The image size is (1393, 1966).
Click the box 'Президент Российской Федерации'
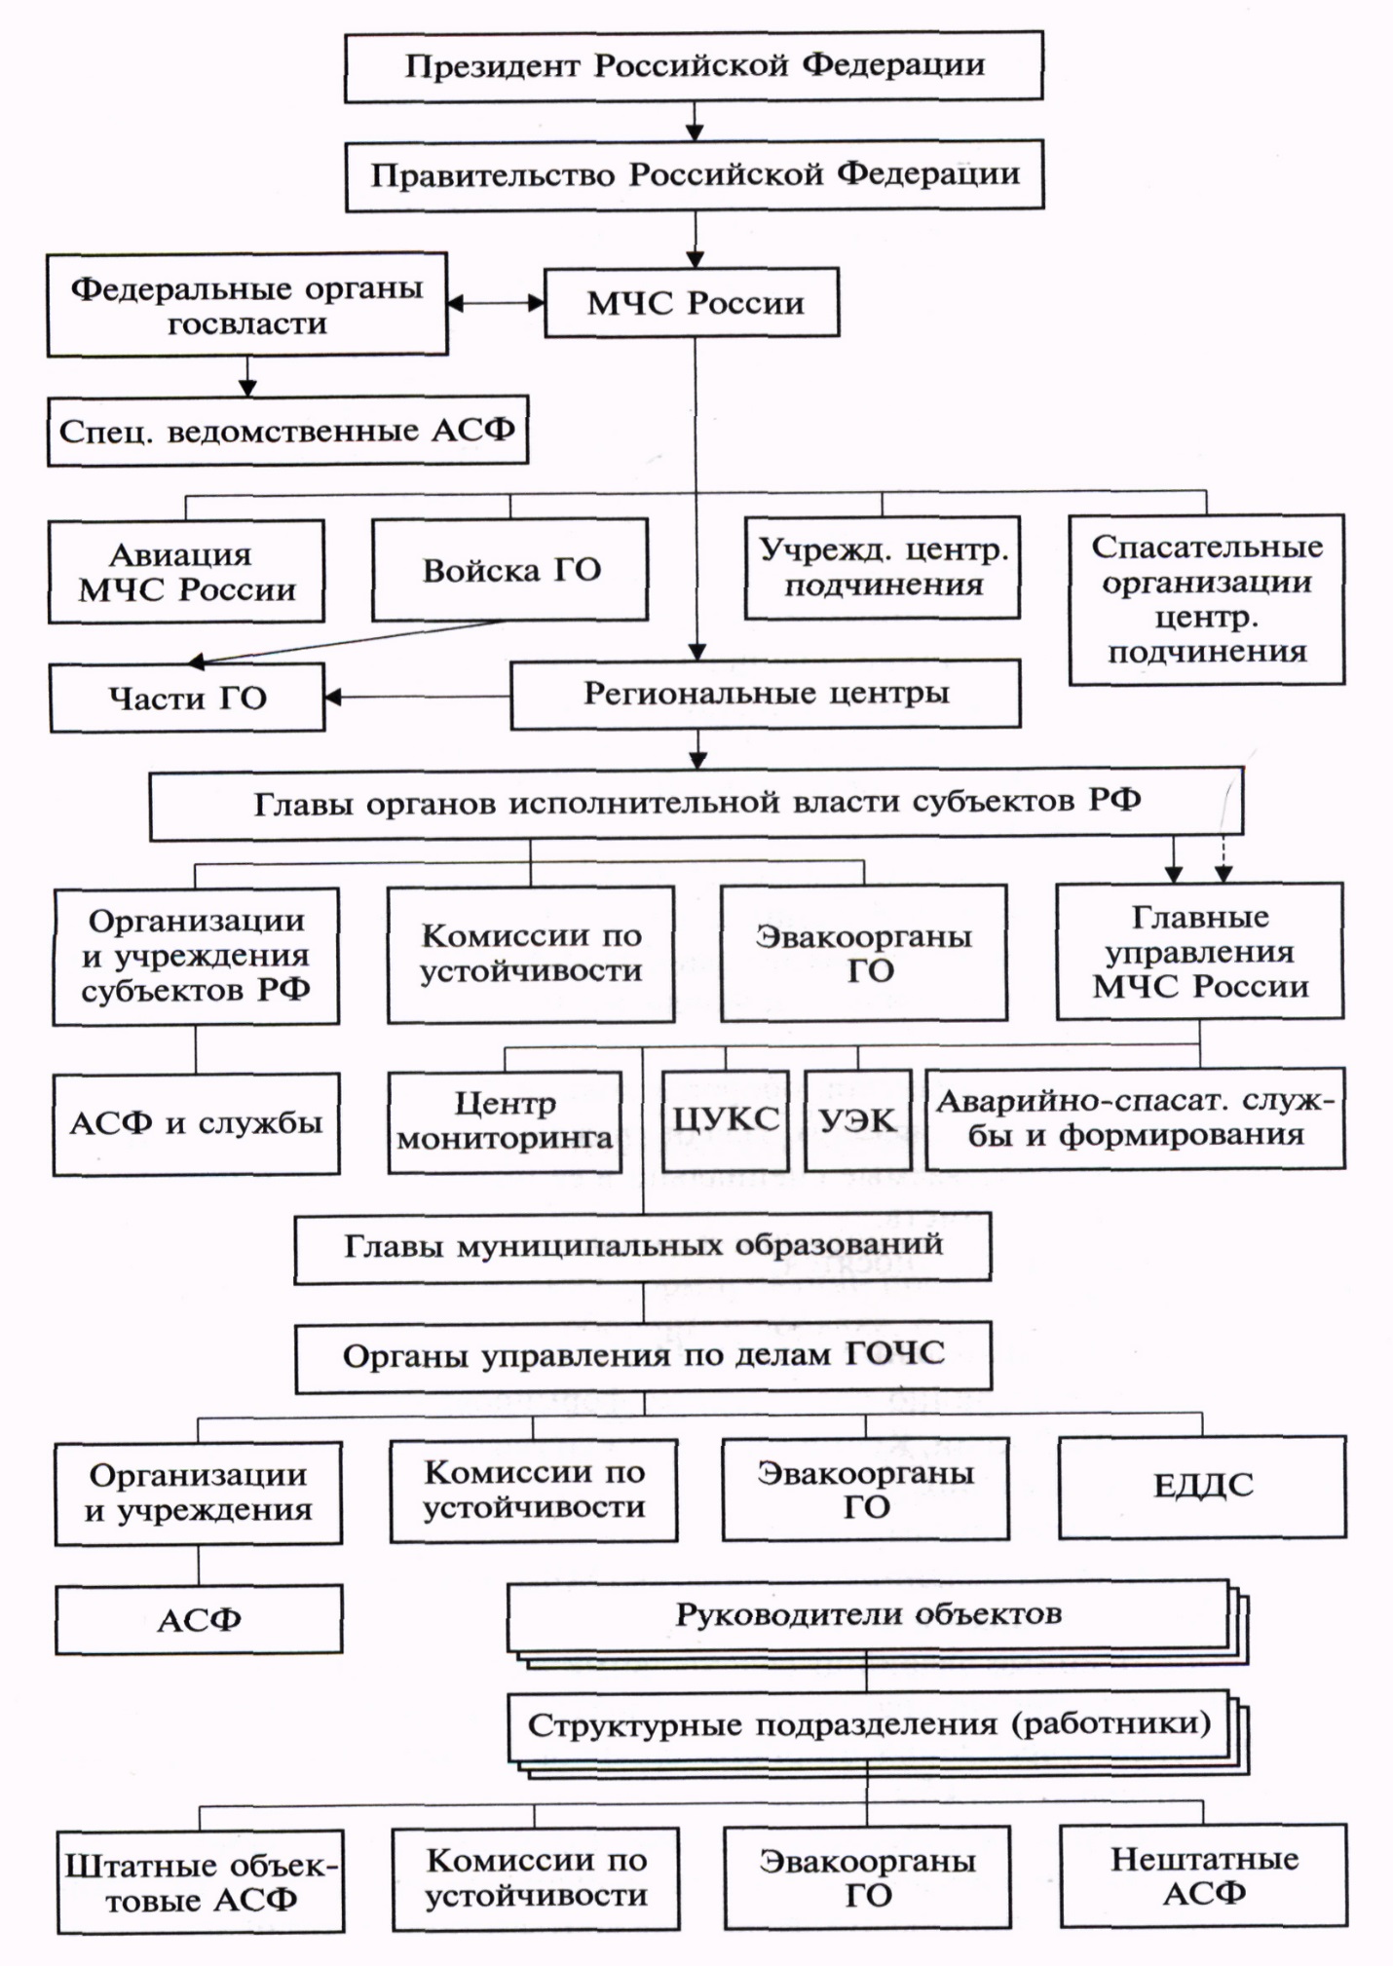coord(694,66)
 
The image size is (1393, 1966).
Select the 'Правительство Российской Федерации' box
coord(695,175)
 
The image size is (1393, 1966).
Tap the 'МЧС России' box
coord(693,303)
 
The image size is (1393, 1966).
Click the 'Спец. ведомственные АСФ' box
coord(287,431)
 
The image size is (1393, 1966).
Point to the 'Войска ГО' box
coord(509,570)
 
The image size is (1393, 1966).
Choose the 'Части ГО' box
coord(187,698)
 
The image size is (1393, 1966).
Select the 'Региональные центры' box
coord(766,694)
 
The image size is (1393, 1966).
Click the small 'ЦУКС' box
coord(725,1119)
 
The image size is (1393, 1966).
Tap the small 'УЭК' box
coord(858,1119)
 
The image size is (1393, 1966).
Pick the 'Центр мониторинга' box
coord(505,1121)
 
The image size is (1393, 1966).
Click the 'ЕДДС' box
coord(1202,1487)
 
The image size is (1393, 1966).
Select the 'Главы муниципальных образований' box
coord(643,1246)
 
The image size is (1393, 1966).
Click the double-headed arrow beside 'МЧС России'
coord(496,303)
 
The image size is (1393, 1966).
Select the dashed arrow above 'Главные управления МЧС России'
coord(1224,857)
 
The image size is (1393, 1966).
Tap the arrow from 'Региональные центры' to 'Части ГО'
coord(418,697)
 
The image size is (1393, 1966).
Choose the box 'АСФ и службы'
coord(196,1123)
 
